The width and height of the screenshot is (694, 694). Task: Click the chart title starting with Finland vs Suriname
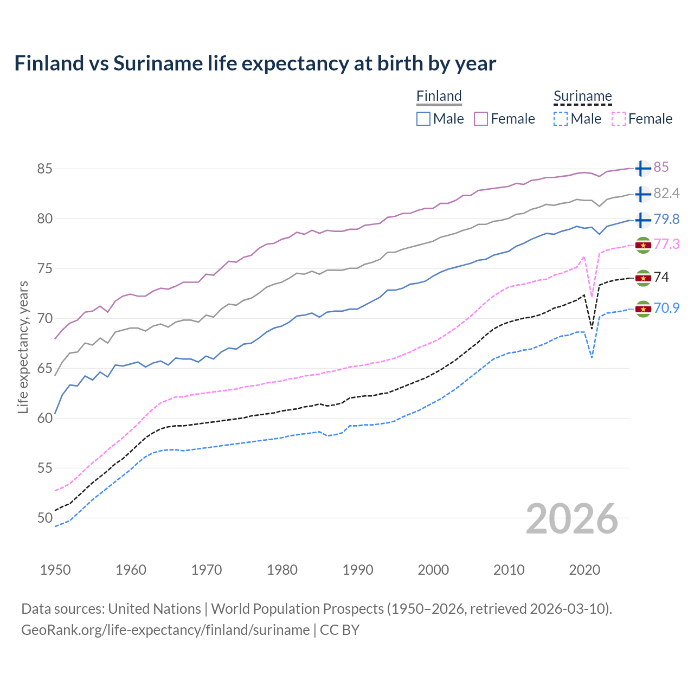[x=255, y=63]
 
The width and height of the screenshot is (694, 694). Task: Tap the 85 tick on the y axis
[x=45, y=169]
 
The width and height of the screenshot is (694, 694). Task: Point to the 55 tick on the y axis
[x=45, y=468]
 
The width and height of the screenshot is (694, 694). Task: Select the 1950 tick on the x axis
[x=55, y=570]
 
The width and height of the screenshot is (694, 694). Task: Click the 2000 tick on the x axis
[x=433, y=570]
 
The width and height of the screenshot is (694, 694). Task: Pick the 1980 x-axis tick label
[x=282, y=570]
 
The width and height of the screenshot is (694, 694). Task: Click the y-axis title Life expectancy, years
[x=23, y=347]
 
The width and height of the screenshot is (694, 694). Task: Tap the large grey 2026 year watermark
[x=571, y=519]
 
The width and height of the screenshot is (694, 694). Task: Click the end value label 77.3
[x=666, y=245]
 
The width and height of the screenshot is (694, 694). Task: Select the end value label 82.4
[x=666, y=194]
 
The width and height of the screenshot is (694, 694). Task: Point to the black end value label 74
[x=661, y=278]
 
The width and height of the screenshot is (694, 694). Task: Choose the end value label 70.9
[x=666, y=309]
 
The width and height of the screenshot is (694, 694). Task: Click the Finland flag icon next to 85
[x=642, y=168]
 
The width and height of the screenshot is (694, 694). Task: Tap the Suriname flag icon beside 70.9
[x=642, y=309]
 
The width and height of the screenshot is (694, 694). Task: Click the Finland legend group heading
[x=439, y=96]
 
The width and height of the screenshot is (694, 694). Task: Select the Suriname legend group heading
[x=582, y=96]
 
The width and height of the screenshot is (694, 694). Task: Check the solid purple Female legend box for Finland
[x=481, y=119]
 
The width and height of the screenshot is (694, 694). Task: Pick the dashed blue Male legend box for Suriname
[x=561, y=119]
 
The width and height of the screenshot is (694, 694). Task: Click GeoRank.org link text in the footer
[x=165, y=630]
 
